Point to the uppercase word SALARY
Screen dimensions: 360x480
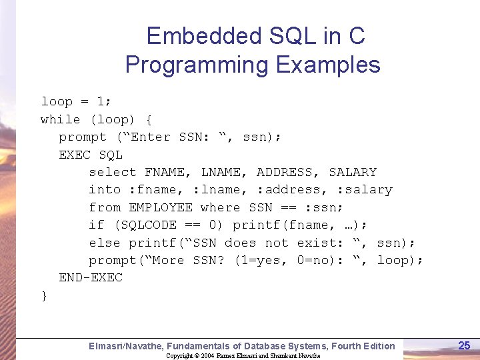point(353,172)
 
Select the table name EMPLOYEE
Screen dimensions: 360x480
point(161,207)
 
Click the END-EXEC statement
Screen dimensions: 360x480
point(91,278)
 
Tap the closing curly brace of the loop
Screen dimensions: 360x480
point(44,295)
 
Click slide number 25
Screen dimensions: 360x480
point(464,345)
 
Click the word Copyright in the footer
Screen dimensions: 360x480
point(179,356)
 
